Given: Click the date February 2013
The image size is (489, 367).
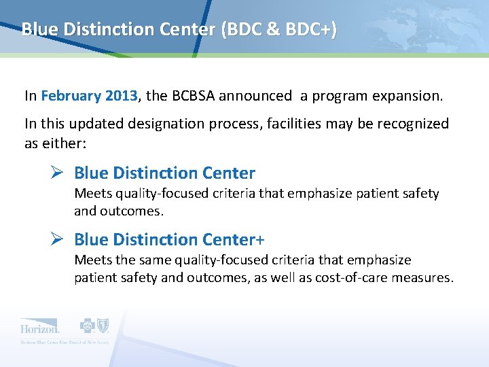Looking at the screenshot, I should (89, 96).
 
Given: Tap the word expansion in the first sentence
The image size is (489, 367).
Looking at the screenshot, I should (407, 96).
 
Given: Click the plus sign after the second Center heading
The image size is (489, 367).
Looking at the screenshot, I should (260, 240).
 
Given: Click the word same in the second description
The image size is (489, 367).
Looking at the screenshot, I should (156, 260).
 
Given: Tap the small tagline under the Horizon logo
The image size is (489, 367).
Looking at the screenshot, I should (65, 342).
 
